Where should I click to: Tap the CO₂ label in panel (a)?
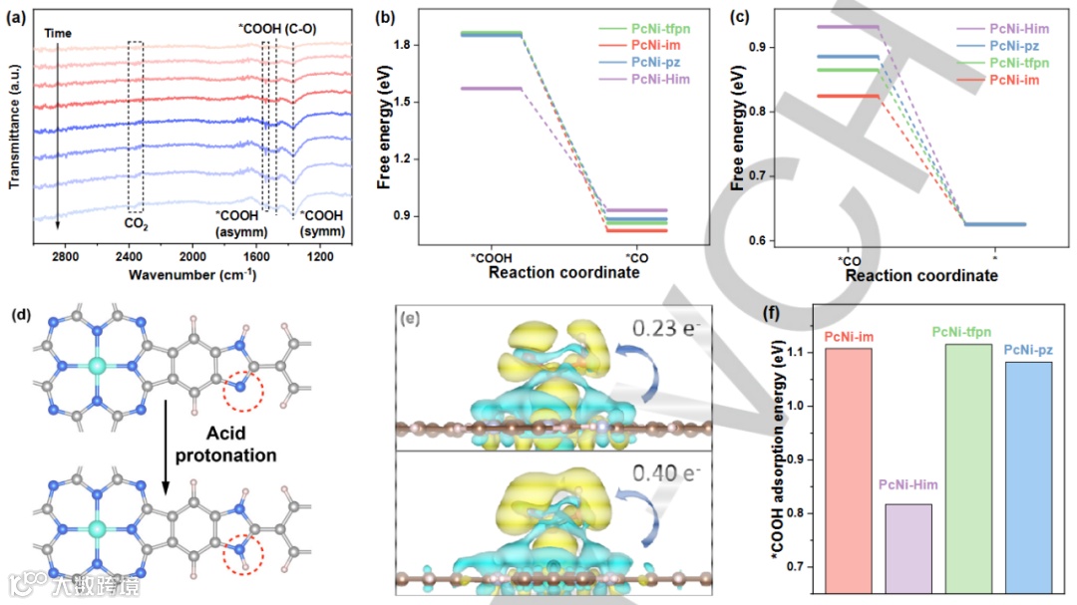click(x=136, y=225)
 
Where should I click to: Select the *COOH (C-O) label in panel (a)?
click(x=277, y=29)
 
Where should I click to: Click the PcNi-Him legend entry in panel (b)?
click(x=659, y=79)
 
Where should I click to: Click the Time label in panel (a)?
click(x=60, y=34)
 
